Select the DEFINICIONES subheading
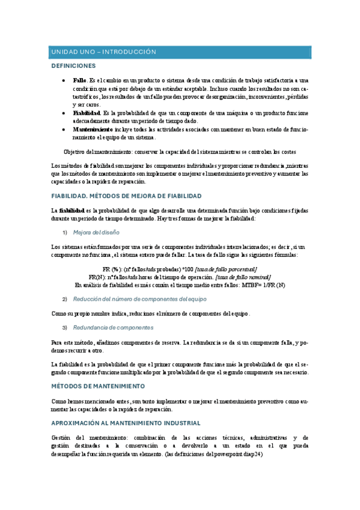coord(73,65)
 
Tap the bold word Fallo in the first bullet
coord(79,80)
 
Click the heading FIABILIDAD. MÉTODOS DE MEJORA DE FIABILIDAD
coord(126,196)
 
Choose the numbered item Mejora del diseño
coord(96,232)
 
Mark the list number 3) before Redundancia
coord(65,328)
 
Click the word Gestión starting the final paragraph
coord(62,437)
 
